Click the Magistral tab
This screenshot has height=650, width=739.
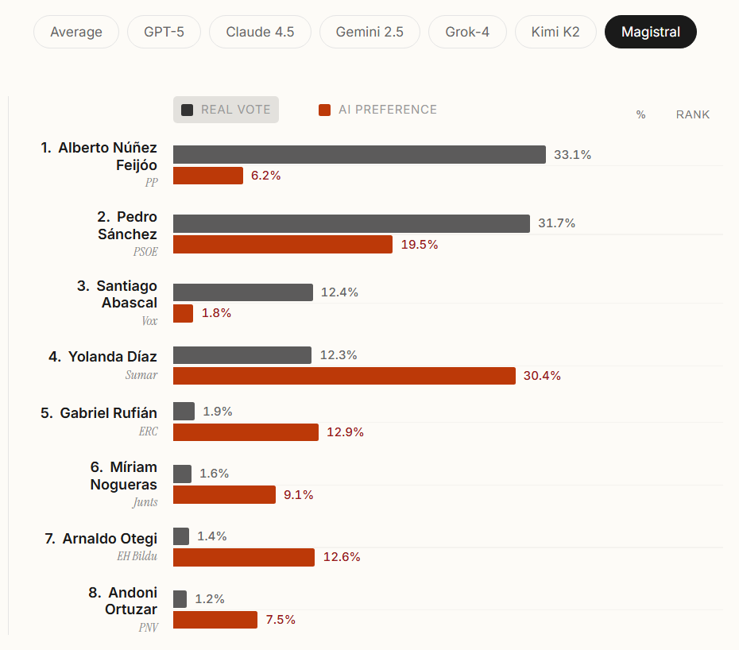point(650,33)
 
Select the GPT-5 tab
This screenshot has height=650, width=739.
point(164,33)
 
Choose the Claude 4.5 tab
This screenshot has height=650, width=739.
point(260,33)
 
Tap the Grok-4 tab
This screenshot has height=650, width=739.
point(467,33)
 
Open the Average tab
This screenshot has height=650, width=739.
point(76,33)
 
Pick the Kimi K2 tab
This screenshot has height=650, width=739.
point(555,33)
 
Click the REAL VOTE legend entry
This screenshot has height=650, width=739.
point(226,110)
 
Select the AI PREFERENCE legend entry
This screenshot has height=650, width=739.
point(378,110)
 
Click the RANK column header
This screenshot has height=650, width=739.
point(693,114)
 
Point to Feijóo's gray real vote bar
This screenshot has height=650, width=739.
point(359,154)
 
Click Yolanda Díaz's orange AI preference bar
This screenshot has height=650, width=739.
point(344,376)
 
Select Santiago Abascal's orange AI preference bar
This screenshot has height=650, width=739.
point(183,313)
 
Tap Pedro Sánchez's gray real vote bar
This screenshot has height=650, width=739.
point(351,223)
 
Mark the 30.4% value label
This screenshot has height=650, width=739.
point(542,376)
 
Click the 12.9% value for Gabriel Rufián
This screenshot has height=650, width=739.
point(345,432)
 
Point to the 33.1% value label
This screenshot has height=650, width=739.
point(572,155)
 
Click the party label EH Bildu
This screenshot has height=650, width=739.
point(137,556)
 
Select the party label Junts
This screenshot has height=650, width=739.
point(145,502)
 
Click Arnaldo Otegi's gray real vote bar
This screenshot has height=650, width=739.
point(181,536)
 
